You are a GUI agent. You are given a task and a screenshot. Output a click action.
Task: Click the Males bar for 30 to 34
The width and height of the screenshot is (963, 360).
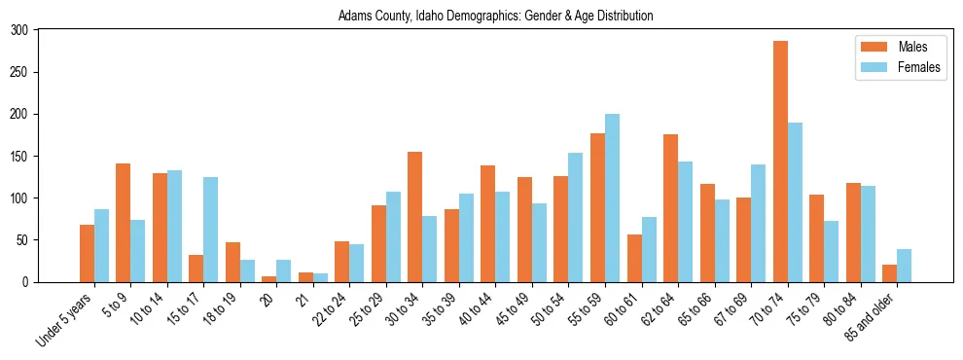[415, 217]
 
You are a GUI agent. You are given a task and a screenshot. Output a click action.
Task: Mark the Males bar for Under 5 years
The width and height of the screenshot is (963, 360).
[87, 253]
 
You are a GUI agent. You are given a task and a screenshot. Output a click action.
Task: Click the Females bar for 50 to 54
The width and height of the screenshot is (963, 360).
[576, 217]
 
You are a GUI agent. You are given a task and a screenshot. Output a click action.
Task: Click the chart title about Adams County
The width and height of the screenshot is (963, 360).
[495, 17]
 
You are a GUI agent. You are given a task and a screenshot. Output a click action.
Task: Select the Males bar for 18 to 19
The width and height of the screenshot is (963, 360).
[232, 262]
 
